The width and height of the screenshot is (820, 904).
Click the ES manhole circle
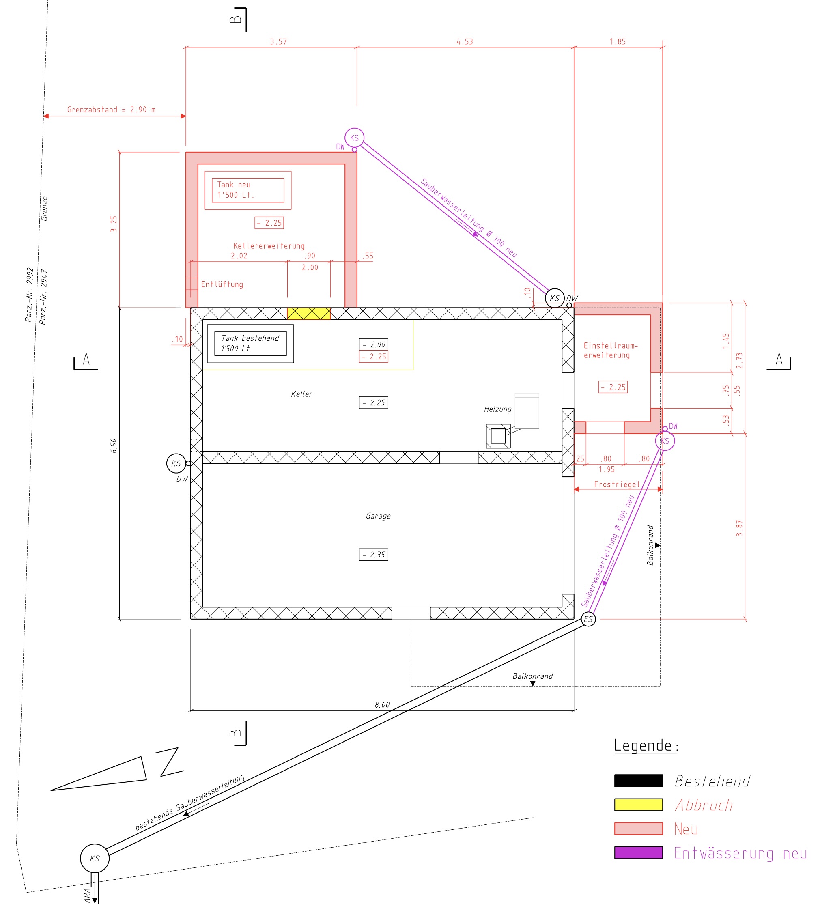588,619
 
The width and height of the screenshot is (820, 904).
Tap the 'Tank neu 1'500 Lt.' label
248,190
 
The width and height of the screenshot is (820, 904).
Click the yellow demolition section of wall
309,314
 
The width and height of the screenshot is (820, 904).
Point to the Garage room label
378,516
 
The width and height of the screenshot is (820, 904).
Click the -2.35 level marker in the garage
373,555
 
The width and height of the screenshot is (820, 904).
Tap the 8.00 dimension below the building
382,705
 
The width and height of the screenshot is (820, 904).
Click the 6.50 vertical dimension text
114,446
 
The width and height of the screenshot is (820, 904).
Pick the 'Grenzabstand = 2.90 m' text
111,110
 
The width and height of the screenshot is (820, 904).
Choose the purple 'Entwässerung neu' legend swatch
638,852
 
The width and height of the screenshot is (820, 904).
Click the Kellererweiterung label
269,246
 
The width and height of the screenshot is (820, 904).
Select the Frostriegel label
617,484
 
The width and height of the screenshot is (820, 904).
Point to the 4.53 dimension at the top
465,42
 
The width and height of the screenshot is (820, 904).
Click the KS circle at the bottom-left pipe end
95,858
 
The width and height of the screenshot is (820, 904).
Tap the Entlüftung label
222,284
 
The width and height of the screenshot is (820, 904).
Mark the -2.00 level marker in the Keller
373,344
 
